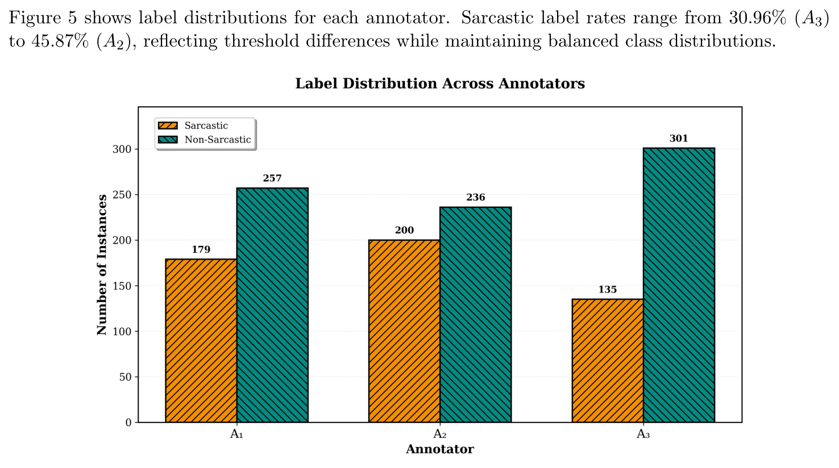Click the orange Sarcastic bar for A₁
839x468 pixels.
(x=201, y=340)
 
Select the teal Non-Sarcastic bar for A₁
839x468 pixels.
(x=272, y=305)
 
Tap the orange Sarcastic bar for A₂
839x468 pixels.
(x=404, y=331)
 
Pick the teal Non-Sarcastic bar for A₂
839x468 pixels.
(x=476, y=315)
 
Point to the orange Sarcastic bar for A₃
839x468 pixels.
(x=608, y=361)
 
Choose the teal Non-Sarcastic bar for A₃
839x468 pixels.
(x=679, y=285)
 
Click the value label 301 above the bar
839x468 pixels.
(x=679, y=139)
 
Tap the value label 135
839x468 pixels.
(x=608, y=290)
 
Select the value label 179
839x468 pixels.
(x=201, y=249)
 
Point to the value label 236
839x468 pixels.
(x=476, y=198)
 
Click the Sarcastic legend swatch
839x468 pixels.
(x=168, y=126)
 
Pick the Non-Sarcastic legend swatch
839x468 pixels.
(x=168, y=140)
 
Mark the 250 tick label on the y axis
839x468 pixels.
(x=122, y=195)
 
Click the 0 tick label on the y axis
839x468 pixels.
(x=128, y=423)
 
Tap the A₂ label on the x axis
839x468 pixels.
(x=440, y=434)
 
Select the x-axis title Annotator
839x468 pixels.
(x=440, y=449)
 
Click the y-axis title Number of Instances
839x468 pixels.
(x=102, y=265)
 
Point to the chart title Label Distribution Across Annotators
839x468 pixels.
(x=440, y=83)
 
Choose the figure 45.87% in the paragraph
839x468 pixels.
(x=60, y=41)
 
